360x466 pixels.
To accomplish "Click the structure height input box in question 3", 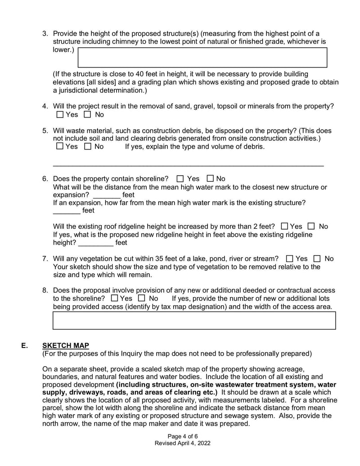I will pyautogui.click(x=202, y=57).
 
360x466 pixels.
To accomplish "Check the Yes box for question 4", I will pyautogui.click(x=60, y=115).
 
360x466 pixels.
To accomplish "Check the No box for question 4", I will pyautogui.click(x=87, y=115).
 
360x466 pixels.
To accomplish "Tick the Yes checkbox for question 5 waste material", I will pyautogui.click(x=60, y=146).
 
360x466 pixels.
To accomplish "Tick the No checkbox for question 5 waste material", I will pyautogui.click(x=87, y=146).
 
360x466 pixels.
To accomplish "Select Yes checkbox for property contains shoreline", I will pyautogui.click(x=180, y=179).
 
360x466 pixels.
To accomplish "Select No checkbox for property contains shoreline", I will pyautogui.click(x=210, y=179).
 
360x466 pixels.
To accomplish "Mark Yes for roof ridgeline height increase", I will pyautogui.click(x=284, y=226).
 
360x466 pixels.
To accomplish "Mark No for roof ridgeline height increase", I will pyautogui.click(x=311, y=226).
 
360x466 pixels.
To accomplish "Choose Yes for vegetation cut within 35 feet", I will pyautogui.click(x=290, y=259).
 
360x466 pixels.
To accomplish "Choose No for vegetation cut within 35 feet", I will pyautogui.click(x=317, y=259).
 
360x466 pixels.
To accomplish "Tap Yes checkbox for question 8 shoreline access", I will pyautogui.click(x=114, y=299).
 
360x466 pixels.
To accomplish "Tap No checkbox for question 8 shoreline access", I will pyautogui.click(x=142, y=299).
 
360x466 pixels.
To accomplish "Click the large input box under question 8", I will pyautogui.click(x=194, y=320).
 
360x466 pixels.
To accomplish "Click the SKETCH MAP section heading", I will pyautogui.click(x=66, y=346).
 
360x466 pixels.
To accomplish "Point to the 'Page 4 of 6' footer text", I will pyautogui.click(x=182, y=436).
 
